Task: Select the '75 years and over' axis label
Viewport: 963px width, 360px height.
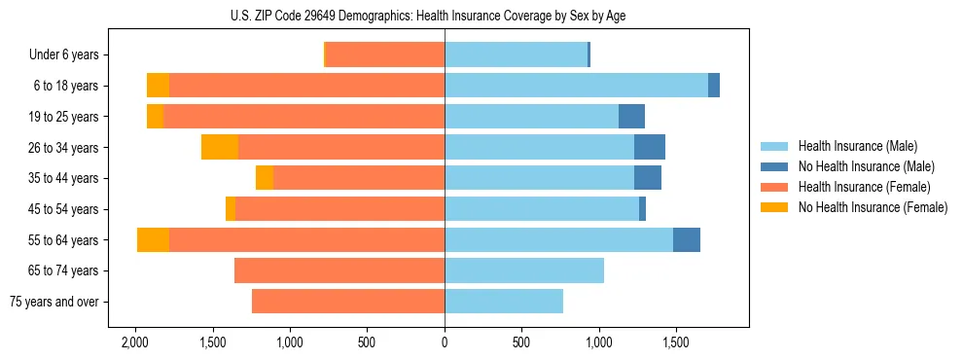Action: pyautogui.click(x=53, y=302)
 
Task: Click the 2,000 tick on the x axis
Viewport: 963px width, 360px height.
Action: pyautogui.click(x=134, y=342)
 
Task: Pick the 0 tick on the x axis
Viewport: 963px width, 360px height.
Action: pyautogui.click(x=445, y=342)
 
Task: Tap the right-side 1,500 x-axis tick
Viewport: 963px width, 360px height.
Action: pyautogui.click(x=676, y=342)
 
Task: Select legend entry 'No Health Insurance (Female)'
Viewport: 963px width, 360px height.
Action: pyautogui.click(x=873, y=207)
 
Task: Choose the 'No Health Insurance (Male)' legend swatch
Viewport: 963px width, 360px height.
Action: pyautogui.click(x=775, y=166)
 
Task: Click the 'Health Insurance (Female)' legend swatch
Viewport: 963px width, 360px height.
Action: pyautogui.click(x=775, y=187)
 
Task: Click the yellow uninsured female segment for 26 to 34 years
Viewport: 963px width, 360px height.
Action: pyautogui.click(x=220, y=147)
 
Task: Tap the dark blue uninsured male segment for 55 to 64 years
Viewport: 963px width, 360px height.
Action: pyautogui.click(x=687, y=239)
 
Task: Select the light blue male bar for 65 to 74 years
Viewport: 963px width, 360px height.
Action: pyautogui.click(x=524, y=270)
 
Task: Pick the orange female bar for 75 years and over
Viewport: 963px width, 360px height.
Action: pyautogui.click(x=348, y=302)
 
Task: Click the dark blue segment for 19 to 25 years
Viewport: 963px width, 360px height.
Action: pyautogui.click(x=631, y=116)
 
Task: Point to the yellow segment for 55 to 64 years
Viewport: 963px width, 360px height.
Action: pyautogui.click(x=153, y=239)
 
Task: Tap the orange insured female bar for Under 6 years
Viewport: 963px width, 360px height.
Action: pyautogui.click(x=385, y=54)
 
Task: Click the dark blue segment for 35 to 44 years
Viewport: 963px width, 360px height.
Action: pyautogui.click(x=648, y=178)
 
